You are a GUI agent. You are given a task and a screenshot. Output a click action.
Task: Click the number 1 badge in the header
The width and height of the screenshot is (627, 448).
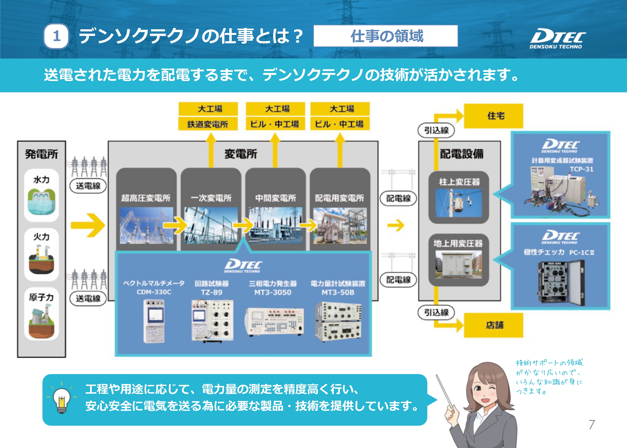click(56, 36)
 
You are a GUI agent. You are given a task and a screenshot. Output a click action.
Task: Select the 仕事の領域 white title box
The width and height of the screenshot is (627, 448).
click(386, 36)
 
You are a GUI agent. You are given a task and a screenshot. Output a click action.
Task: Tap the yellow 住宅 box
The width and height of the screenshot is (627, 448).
click(494, 116)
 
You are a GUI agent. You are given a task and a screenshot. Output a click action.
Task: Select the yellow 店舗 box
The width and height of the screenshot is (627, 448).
click(494, 325)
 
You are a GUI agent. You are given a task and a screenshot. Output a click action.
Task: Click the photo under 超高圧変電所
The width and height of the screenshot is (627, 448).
click(146, 226)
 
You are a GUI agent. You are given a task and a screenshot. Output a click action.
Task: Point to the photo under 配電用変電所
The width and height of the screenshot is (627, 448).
click(340, 226)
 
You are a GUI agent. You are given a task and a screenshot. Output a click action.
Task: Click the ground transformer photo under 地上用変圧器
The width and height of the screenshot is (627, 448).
click(459, 264)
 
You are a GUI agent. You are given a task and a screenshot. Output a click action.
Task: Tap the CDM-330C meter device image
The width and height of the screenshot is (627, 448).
click(154, 321)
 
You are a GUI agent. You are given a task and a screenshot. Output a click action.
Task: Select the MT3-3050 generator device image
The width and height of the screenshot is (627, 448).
click(275, 321)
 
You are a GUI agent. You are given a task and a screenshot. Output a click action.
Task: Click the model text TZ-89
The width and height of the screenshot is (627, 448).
click(212, 292)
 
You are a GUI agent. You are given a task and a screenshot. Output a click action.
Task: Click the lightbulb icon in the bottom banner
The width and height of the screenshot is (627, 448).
click(62, 400)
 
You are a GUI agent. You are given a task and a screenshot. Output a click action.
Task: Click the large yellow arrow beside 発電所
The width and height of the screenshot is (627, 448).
click(88, 225)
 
